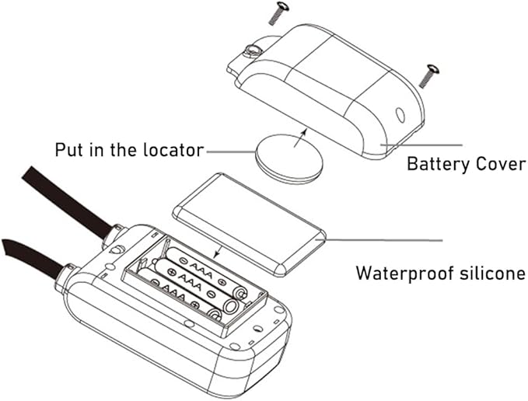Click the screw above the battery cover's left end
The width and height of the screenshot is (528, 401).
click(x=277, y=13)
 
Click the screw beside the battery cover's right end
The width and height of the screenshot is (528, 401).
click(x=429, y=76)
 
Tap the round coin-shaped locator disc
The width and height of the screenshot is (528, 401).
click(x=289, y=159)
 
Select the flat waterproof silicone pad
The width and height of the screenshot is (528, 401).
click(x=249, y=224)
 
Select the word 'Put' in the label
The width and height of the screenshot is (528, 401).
click(x=69, y=150)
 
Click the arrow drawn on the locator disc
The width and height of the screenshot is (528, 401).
click(x=300, y=138)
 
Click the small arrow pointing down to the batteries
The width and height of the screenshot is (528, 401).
click(x=218, y=251)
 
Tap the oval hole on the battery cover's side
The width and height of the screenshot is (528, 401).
click(x=400, y=115)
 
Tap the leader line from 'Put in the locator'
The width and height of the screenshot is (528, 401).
click(x=232, y=152)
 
